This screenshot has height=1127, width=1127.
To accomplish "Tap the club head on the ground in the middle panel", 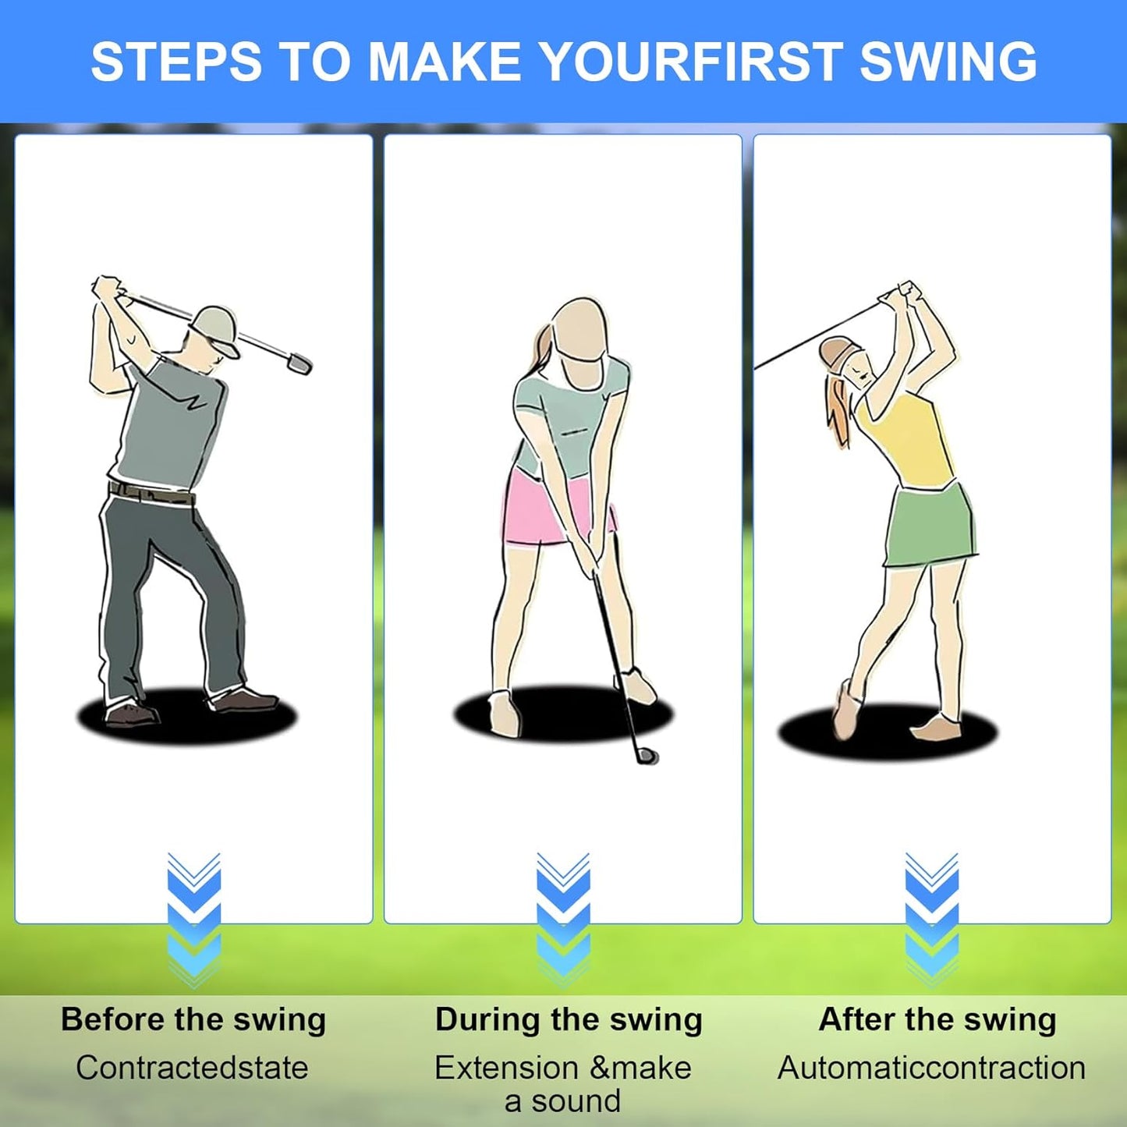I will pyautogui.click(x=647, y=755).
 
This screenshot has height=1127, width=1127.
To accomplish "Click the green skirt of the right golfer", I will pyautogui.click(x=929, y=526).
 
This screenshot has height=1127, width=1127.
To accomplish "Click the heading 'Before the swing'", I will pyautogui.click(x=193, y=1019).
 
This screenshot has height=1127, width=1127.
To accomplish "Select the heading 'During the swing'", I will pyautogui.click(x=569, y=1019).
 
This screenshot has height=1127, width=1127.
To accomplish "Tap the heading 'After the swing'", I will pyautogui.click(x=937, y=1019).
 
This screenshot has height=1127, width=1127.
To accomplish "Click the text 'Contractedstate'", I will pyautogui.click(x=192, y=1068).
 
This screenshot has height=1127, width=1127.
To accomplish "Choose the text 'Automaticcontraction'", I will pyautogui.click(x=931, y=1068).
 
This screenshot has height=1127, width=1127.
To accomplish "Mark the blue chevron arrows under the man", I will pyautogui.click(x=194, y=920).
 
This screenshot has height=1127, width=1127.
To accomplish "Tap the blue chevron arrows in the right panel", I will pyautogui.click(x=931, y=920).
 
